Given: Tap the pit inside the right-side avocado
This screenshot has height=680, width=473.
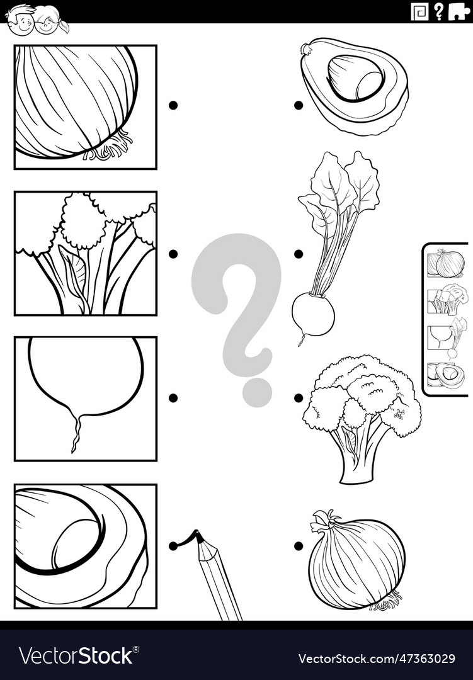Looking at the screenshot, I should point(355,78).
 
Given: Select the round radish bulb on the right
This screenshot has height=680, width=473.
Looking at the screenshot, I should point(313,314).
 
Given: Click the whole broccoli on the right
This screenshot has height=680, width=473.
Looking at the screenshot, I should point(362,416).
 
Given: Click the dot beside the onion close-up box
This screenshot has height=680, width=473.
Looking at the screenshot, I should point(173,105).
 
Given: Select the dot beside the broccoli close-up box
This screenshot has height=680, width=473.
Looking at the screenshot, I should point(173,254).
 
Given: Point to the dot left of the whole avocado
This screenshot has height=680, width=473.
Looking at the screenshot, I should point(298,105).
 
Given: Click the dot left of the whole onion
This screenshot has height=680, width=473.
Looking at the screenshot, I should point(298,546).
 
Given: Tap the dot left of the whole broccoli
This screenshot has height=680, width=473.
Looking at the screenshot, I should point(298,398).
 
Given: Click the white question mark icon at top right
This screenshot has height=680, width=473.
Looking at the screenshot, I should point(438,11).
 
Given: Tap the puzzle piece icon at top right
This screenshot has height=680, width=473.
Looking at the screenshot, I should point(459,11).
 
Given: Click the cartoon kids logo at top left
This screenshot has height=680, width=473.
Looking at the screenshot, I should point(37,18).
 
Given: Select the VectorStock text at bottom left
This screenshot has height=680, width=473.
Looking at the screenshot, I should point(76,656).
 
